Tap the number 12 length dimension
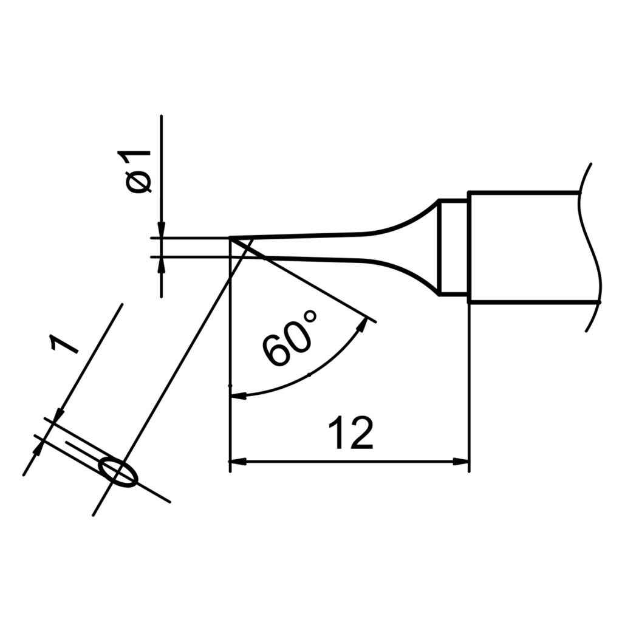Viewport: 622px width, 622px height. (350, 434)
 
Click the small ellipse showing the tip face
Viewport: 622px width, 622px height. (118, 472)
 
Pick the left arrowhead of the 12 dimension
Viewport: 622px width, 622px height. (237, 462)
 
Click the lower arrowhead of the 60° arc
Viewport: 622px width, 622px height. (238, 396)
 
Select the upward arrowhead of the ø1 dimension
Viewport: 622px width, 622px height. (162, 263)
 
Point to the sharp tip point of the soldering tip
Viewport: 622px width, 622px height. (231, 239)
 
